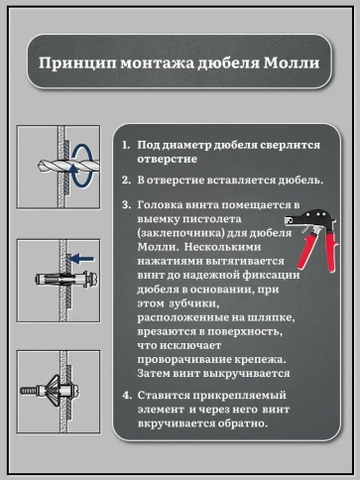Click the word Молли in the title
[294, 64]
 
